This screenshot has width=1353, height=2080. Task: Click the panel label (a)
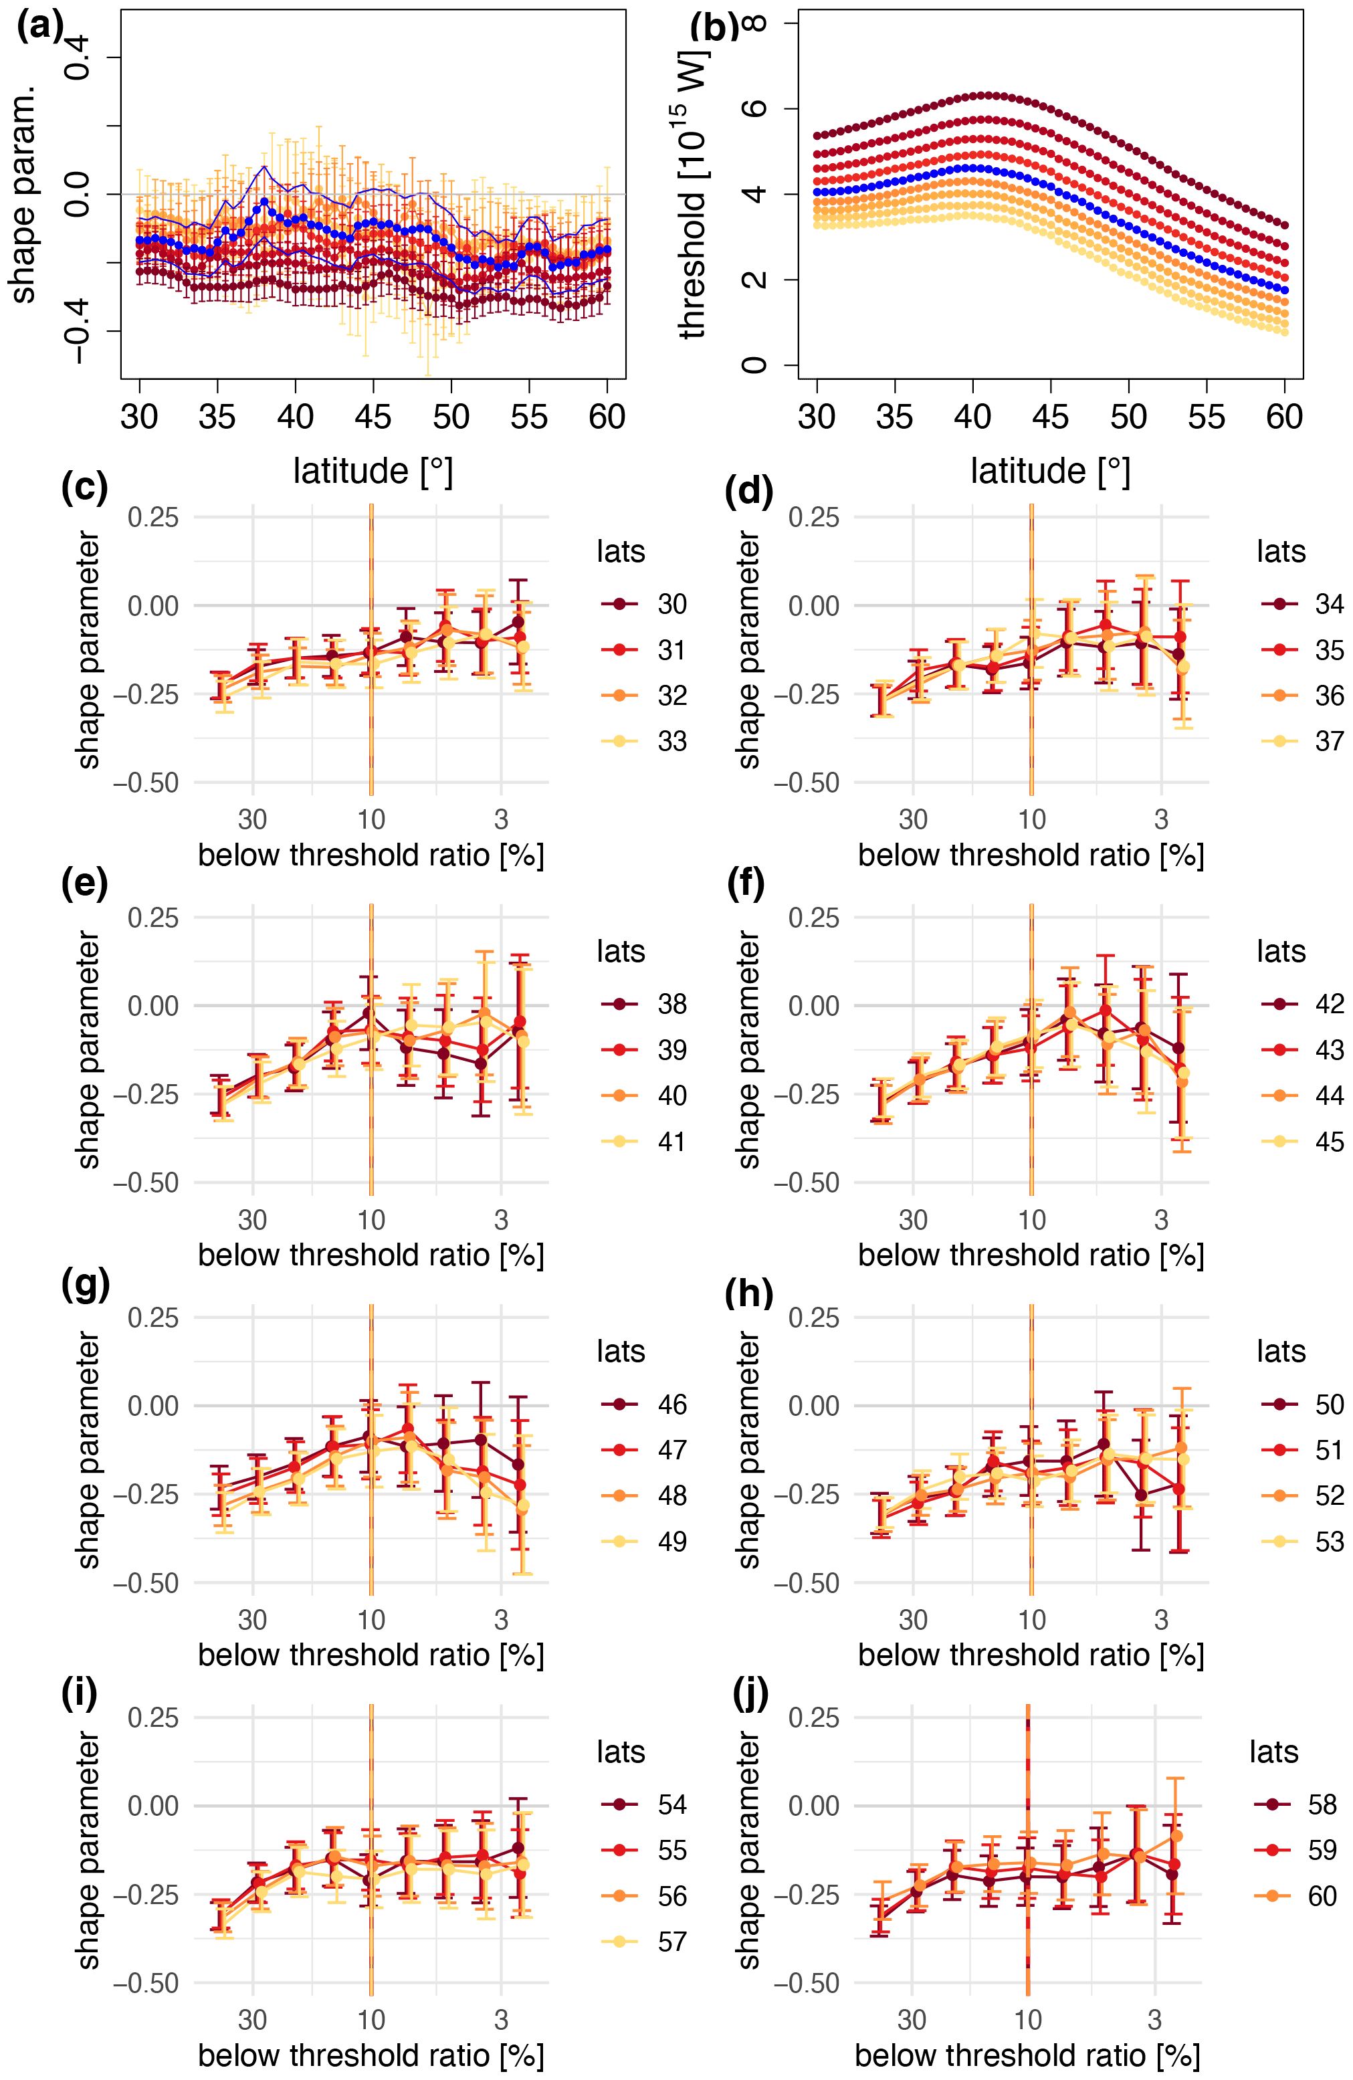[39, 27]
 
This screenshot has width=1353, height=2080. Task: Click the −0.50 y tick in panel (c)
[145, 783]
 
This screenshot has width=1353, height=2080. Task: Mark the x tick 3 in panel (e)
[501, 1219]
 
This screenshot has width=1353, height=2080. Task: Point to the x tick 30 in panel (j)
[912, 2020]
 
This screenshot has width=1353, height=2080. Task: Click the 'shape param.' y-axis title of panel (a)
[23, 194]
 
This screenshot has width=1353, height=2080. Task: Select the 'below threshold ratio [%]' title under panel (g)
[371, 1655]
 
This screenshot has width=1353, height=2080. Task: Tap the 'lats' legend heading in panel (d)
[1281, 552]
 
